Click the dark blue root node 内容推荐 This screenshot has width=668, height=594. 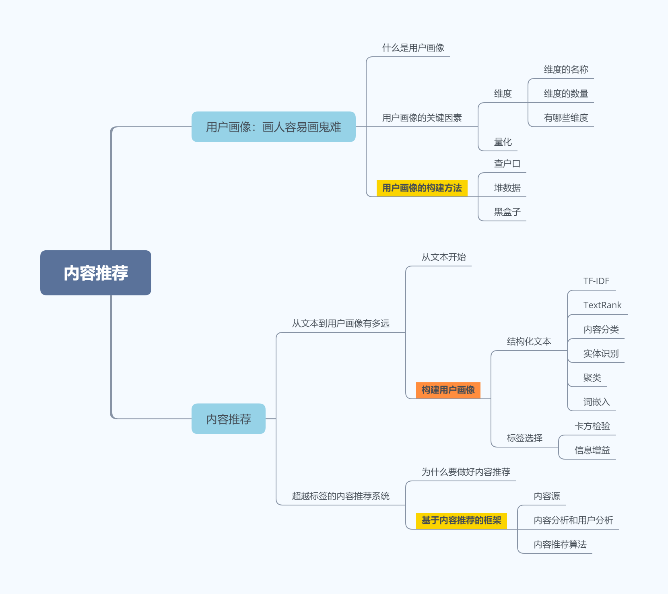point(96,273)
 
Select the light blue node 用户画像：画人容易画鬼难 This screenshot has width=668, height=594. point(274,127)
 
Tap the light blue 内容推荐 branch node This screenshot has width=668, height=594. point(229,419)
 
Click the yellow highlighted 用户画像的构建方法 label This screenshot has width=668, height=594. point(422,188)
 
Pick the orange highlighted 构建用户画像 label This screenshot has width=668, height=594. point(448,390)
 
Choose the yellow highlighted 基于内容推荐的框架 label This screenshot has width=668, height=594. point(462,520)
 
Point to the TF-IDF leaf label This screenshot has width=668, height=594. point(596,281)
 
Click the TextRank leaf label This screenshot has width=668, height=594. point(602,305)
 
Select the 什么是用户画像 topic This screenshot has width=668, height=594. point(413,48)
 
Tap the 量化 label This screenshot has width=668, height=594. point(503,142)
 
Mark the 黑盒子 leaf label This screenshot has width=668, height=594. point(507,212)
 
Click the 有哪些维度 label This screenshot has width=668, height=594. point(566,118)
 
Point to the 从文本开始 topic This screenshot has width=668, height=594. point(444,257)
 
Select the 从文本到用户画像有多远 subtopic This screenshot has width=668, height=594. point(341,324)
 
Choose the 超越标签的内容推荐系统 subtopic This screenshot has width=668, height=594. point(341,496)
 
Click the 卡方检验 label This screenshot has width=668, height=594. point(592,426)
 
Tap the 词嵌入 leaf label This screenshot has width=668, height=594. point(597,402)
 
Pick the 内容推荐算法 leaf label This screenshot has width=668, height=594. point(560,544)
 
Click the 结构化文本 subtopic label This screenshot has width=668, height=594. point(529,342)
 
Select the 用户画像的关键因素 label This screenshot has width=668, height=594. point(422,118)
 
